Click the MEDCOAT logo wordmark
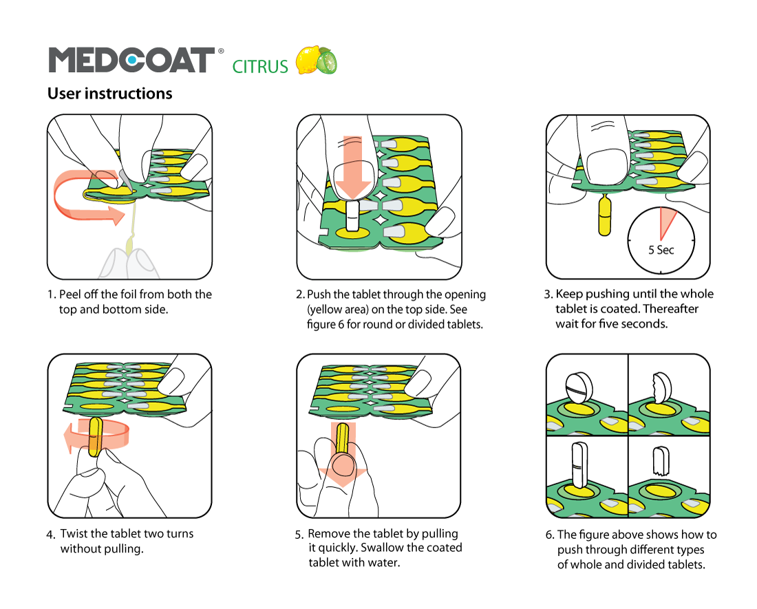pyautogui.click(x=131, y=61)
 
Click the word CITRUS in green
pyautogui.click(x=260, y=67)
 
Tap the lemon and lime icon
pyautogui.click(x=316, y=61)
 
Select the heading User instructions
pyautogui.click(x=110, y=93)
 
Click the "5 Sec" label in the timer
pyautogui.click(x=661, y=250)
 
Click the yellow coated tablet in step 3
pyautogui.click(x=605, y=215)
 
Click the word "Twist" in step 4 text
pyautogui.click(x=74, y=534)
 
